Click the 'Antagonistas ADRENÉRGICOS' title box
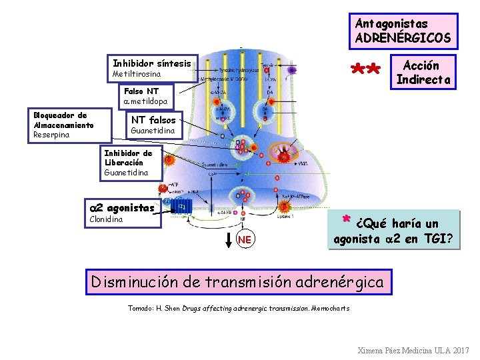click(403, 31)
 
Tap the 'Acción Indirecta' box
click(423, 72)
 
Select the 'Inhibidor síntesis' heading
click(152, 63)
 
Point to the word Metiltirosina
click(137, 73)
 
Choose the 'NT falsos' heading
click(153, 120)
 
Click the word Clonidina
click(106, 219)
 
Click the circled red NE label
click(245, 239)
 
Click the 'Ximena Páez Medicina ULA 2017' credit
click(413, 350)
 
